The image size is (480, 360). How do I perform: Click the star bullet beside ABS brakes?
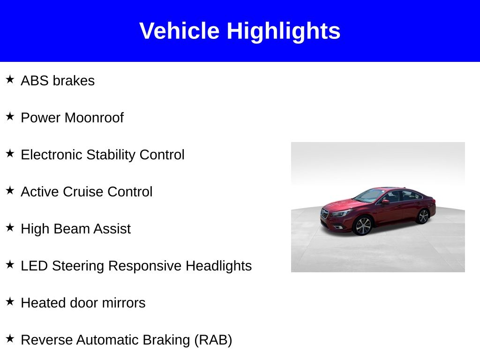pos(10,79)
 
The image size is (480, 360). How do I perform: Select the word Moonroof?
pos(94,118)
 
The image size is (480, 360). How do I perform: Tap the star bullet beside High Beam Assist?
pos(10,227)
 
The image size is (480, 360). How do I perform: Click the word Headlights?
pos(218,266)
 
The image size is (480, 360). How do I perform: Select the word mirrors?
pos(124,303)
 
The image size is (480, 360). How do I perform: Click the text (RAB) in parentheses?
pos(213,340)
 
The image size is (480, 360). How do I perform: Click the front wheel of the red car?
pos(363,225)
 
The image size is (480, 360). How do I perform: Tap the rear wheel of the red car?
pos(423,216)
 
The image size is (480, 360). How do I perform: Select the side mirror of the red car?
pos(385,202)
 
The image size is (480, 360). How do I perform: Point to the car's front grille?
pos(324,213)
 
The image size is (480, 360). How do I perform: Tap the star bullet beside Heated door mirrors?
pos(10,301)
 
